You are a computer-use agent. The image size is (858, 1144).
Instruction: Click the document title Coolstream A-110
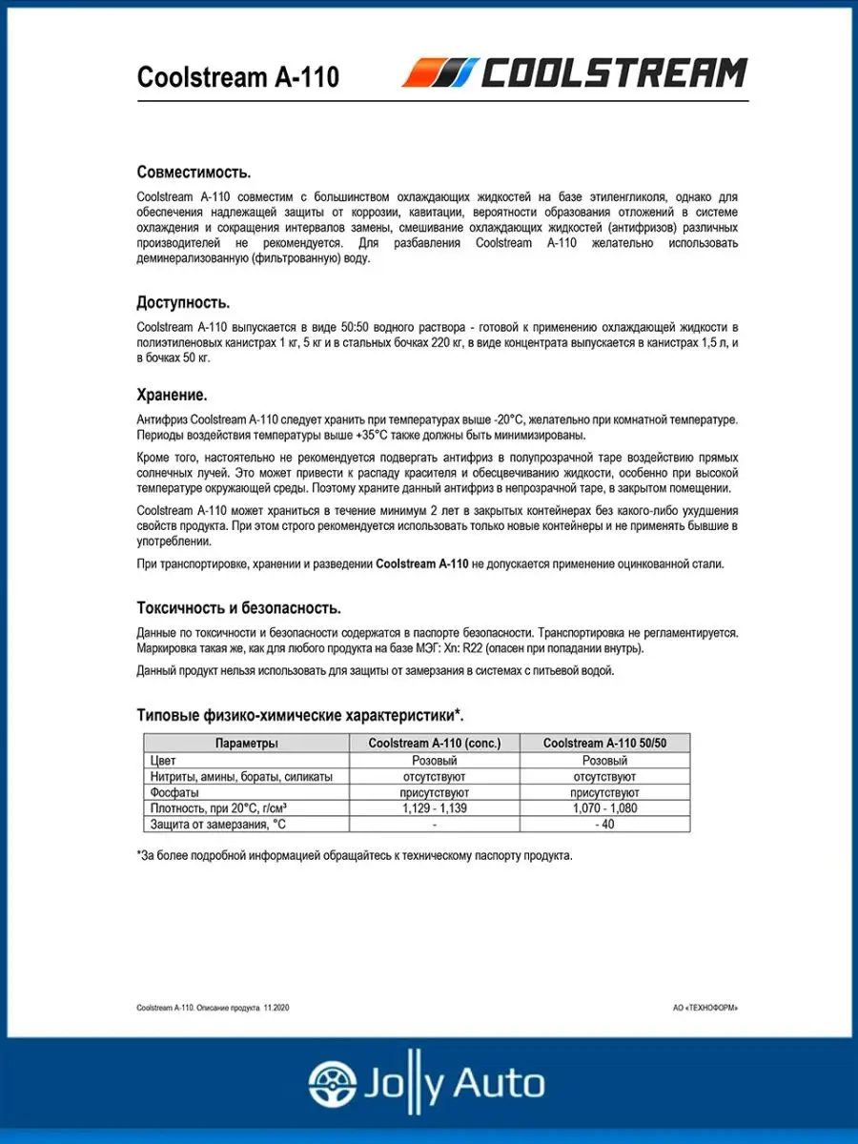point(237,77)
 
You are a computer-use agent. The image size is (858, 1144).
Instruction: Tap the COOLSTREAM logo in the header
point(575,73)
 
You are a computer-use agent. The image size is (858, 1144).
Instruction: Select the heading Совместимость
point(194,173)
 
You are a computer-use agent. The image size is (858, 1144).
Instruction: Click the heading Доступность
point(183,303)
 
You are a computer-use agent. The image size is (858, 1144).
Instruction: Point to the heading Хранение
point(172,395)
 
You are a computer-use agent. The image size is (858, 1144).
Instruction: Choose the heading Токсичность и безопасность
point(238,608)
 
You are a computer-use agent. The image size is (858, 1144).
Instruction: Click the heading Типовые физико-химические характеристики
point(300,715)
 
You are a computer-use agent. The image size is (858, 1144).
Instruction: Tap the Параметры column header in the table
point(246,744)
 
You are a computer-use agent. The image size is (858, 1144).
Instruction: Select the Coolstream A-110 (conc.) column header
point(434,744)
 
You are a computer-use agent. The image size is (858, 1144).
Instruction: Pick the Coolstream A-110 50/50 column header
point(604,744)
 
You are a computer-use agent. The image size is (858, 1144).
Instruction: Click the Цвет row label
point(164,761)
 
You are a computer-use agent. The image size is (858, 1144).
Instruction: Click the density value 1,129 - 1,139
point(434,807)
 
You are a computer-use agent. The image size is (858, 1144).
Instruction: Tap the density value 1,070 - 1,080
point(604,807)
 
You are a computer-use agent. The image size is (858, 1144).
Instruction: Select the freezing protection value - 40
point(604,824)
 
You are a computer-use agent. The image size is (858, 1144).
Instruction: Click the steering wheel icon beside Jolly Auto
point(331,1084)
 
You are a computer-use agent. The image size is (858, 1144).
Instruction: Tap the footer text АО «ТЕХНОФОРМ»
point(705,1008)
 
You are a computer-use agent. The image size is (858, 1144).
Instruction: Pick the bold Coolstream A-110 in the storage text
point(422,563)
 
